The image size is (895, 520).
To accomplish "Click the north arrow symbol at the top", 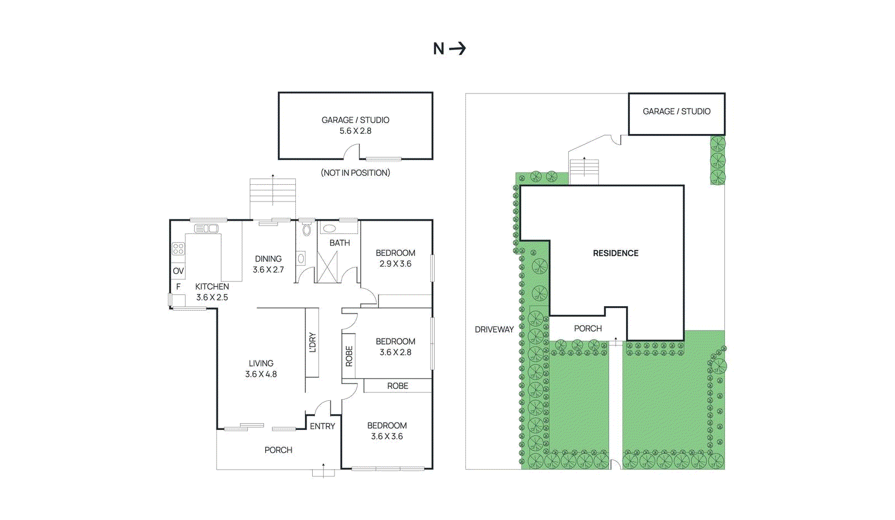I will (449, 49).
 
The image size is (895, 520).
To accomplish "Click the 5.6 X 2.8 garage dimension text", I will (355, 131).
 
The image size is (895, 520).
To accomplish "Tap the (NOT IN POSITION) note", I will (355, 173).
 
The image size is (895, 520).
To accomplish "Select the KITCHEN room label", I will (212, 287).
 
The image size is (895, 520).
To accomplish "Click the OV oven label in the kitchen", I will (178, 271).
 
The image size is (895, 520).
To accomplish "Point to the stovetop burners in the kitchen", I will (178, 249).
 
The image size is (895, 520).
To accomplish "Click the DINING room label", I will (268, 259).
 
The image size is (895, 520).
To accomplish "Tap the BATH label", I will (340, 243).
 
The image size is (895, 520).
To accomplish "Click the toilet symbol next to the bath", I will (307, 229).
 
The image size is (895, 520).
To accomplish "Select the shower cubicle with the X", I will (327, 267).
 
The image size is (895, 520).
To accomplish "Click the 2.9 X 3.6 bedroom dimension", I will (395, 264).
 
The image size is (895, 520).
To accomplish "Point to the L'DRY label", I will (313, 343).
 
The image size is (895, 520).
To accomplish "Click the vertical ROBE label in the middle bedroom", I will (349, 356).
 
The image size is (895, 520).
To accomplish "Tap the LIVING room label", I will (261, 363).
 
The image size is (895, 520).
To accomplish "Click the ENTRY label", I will (322, 427).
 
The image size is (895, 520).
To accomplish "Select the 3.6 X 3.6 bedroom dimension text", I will (387, 437).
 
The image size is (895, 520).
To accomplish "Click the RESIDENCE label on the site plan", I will (615, 254).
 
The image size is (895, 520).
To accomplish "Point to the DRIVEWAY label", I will (494, 330).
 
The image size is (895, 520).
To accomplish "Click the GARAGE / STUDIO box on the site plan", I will (676, 114).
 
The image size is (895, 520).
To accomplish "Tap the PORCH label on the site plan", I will (588, 329).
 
